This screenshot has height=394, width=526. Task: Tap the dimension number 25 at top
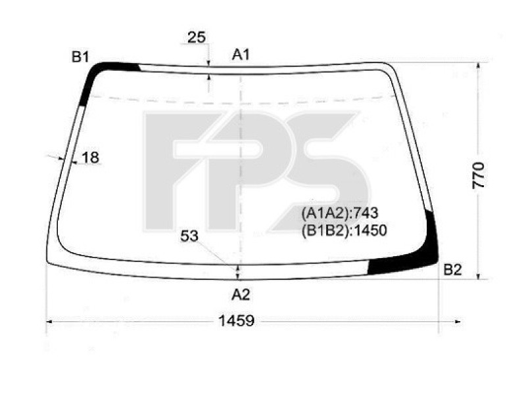point(197,37)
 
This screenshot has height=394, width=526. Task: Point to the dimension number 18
point(90,158)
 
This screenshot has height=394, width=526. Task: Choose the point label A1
point(241,55)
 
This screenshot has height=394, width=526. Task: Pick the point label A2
point(241,294)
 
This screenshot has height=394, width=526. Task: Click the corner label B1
point(80,57)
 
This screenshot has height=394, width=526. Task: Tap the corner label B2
point(452,269)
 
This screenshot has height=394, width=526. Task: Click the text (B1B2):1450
point(344,230)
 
